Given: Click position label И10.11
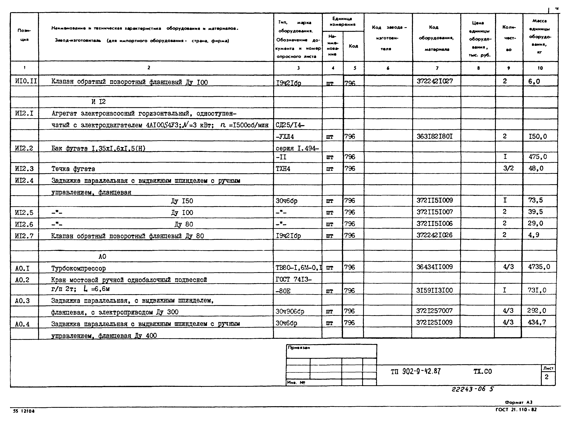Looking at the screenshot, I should click(26, 81).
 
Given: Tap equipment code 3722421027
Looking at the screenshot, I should click(435, 81).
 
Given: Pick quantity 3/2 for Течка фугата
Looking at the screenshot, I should click(508, 168).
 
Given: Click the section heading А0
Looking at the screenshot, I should click(102, 257).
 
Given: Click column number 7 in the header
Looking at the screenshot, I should click(437, 68).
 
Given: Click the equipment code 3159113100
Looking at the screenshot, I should click(435, 290).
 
